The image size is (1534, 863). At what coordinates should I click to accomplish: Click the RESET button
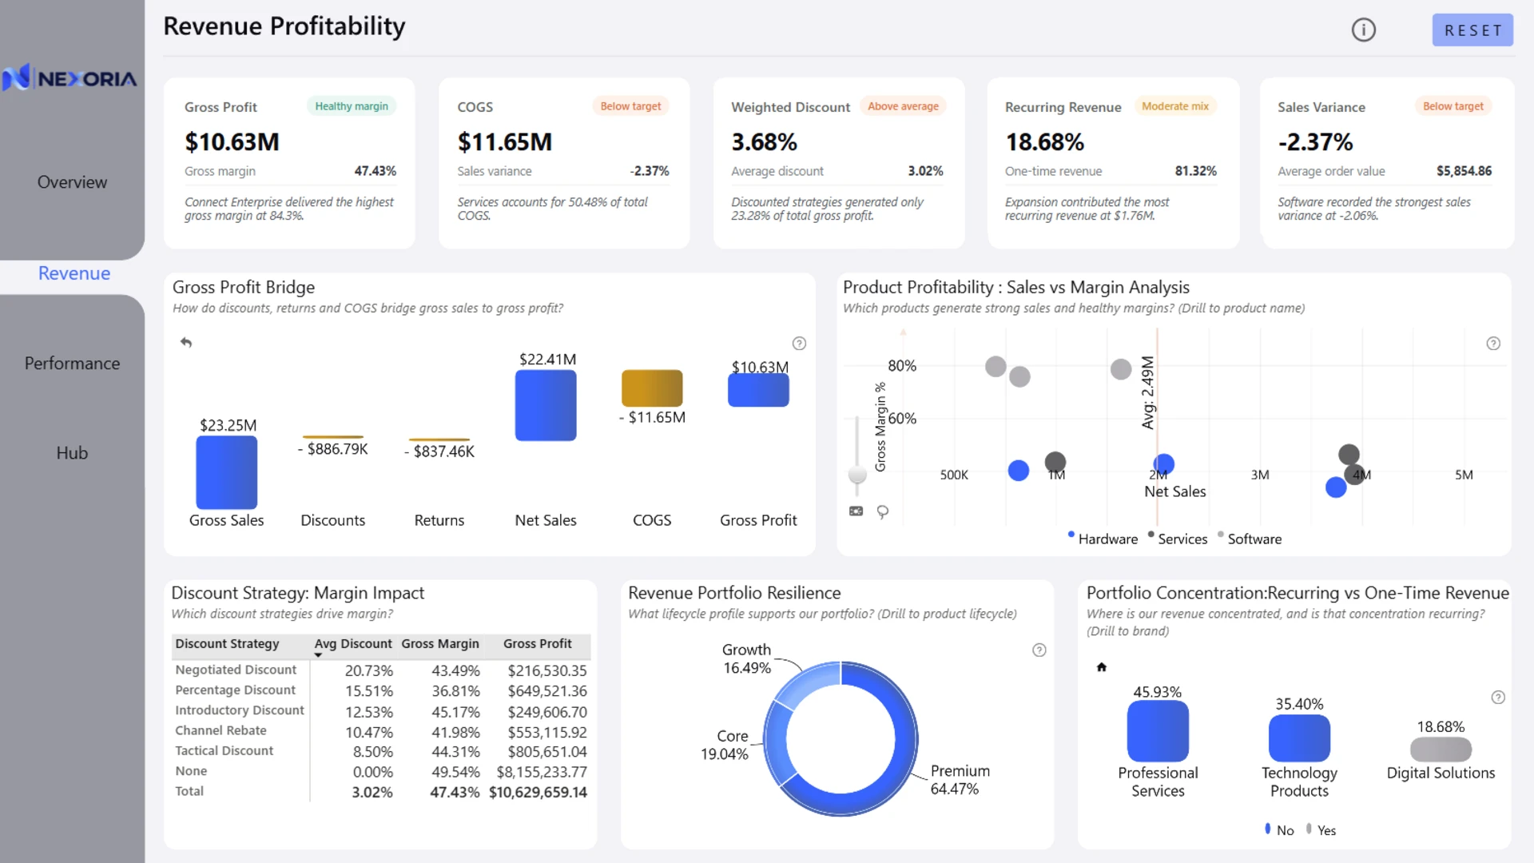[1472, 30]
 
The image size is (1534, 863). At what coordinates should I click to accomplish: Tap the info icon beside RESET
[1364, 30]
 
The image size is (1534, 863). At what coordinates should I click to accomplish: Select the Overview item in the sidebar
[72, 182]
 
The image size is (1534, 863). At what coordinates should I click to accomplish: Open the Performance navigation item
[72, 364]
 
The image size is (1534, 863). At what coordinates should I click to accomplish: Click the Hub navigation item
[72, 453]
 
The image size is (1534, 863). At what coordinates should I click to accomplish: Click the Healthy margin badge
[352, 106]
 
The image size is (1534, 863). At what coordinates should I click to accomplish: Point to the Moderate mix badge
[1175, 106]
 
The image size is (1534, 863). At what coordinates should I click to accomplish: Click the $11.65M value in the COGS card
[505, 142]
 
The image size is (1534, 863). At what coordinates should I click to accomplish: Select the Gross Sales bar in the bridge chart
[227, 472]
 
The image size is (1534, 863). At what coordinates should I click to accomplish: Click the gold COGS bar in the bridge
[652, 388]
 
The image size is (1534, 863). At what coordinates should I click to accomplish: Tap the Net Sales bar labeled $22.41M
[546, 405]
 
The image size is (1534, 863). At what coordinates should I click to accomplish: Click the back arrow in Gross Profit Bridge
[186, 342]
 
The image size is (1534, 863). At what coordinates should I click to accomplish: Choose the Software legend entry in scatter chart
[1254, 539]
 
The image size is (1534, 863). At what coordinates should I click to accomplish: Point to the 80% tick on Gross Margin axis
[902, 366]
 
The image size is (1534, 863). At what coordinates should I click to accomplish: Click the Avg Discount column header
[353, 644]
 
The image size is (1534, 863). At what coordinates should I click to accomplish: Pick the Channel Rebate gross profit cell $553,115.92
[547, 732]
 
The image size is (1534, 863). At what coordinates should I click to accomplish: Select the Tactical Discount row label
[225, 751]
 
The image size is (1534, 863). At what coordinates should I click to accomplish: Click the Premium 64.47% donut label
[960, 780]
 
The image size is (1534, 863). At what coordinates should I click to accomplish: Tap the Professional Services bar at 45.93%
[1158, 731]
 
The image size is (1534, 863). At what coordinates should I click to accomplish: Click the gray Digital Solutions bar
[1441, 750]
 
